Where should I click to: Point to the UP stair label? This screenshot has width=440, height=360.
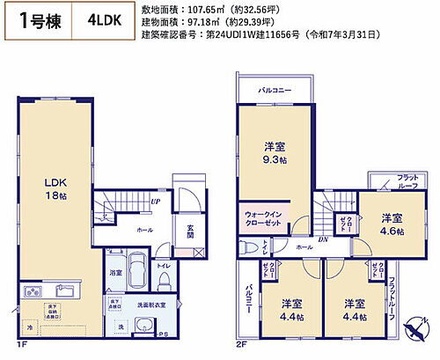(x=155, y=202)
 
